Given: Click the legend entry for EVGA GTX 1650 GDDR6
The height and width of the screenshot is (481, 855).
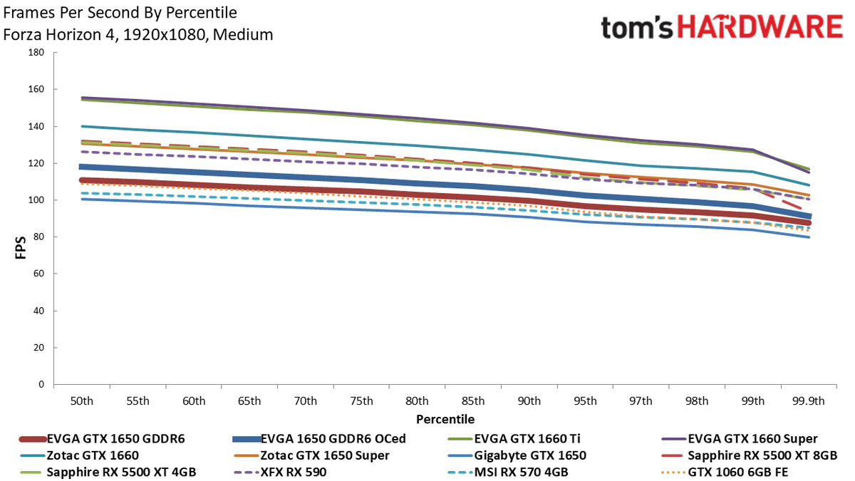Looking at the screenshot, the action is click(102, 439).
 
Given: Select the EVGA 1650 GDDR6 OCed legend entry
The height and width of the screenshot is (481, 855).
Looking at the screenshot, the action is click(319, 439).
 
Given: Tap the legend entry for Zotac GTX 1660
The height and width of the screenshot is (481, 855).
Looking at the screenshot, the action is click(79, 455).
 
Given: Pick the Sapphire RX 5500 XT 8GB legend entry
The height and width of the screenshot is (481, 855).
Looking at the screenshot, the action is click(750, 455).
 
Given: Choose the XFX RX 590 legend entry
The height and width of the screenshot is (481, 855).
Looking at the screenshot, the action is click(280, 472).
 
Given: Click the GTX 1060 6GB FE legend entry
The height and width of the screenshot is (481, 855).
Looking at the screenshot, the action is click(725, 472).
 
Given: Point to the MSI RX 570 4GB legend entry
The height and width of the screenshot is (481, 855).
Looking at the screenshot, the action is click(508, 472).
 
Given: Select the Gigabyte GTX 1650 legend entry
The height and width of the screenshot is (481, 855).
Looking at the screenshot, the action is click(517, 455).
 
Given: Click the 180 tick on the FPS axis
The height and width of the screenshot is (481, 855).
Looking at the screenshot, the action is click(36, 52).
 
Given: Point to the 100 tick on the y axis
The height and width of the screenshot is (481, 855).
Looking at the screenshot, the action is click(36, 200).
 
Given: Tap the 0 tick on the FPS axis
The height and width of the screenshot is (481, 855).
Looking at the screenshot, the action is click(41, 384).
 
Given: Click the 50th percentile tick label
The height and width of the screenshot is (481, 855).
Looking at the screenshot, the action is click(82, 401).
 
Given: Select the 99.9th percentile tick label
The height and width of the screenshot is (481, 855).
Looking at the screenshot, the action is click(809, 401).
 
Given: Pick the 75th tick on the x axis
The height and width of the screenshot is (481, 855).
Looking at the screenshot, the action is click(361, 401).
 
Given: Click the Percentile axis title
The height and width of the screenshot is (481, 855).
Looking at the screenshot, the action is click(445, 420).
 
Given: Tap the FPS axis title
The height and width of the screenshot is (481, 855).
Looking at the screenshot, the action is click(21, 248).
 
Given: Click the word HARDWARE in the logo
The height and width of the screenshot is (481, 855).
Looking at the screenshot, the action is click(760, 27).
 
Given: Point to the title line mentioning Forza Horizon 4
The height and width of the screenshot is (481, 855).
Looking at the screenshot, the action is click(138, 35).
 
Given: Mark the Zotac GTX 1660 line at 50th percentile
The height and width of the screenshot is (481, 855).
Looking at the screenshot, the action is click(82, 126).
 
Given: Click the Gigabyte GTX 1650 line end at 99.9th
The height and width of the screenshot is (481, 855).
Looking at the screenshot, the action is click(809, 237).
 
